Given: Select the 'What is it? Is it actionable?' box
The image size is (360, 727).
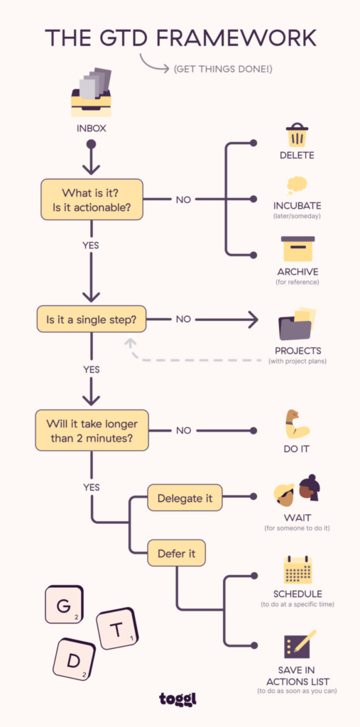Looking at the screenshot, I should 92,199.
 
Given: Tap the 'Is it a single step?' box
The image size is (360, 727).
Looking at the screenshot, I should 92,319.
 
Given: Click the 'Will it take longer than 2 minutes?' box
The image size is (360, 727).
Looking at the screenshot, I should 92,430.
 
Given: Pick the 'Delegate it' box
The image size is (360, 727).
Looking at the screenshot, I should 184,498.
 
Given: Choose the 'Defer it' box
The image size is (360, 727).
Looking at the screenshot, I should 176,553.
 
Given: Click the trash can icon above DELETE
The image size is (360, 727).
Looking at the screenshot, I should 296,136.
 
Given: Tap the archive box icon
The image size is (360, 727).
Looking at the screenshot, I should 297,249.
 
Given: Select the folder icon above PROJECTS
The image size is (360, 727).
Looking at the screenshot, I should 297,325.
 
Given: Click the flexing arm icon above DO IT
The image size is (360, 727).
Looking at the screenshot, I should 296,424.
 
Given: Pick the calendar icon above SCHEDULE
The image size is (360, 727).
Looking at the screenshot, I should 298,569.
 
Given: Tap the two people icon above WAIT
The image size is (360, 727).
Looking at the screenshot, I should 298,491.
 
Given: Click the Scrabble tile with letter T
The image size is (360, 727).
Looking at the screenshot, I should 117,628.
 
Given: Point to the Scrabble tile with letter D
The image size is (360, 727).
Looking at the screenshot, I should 74,661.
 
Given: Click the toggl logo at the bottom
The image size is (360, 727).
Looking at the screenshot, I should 180,699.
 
